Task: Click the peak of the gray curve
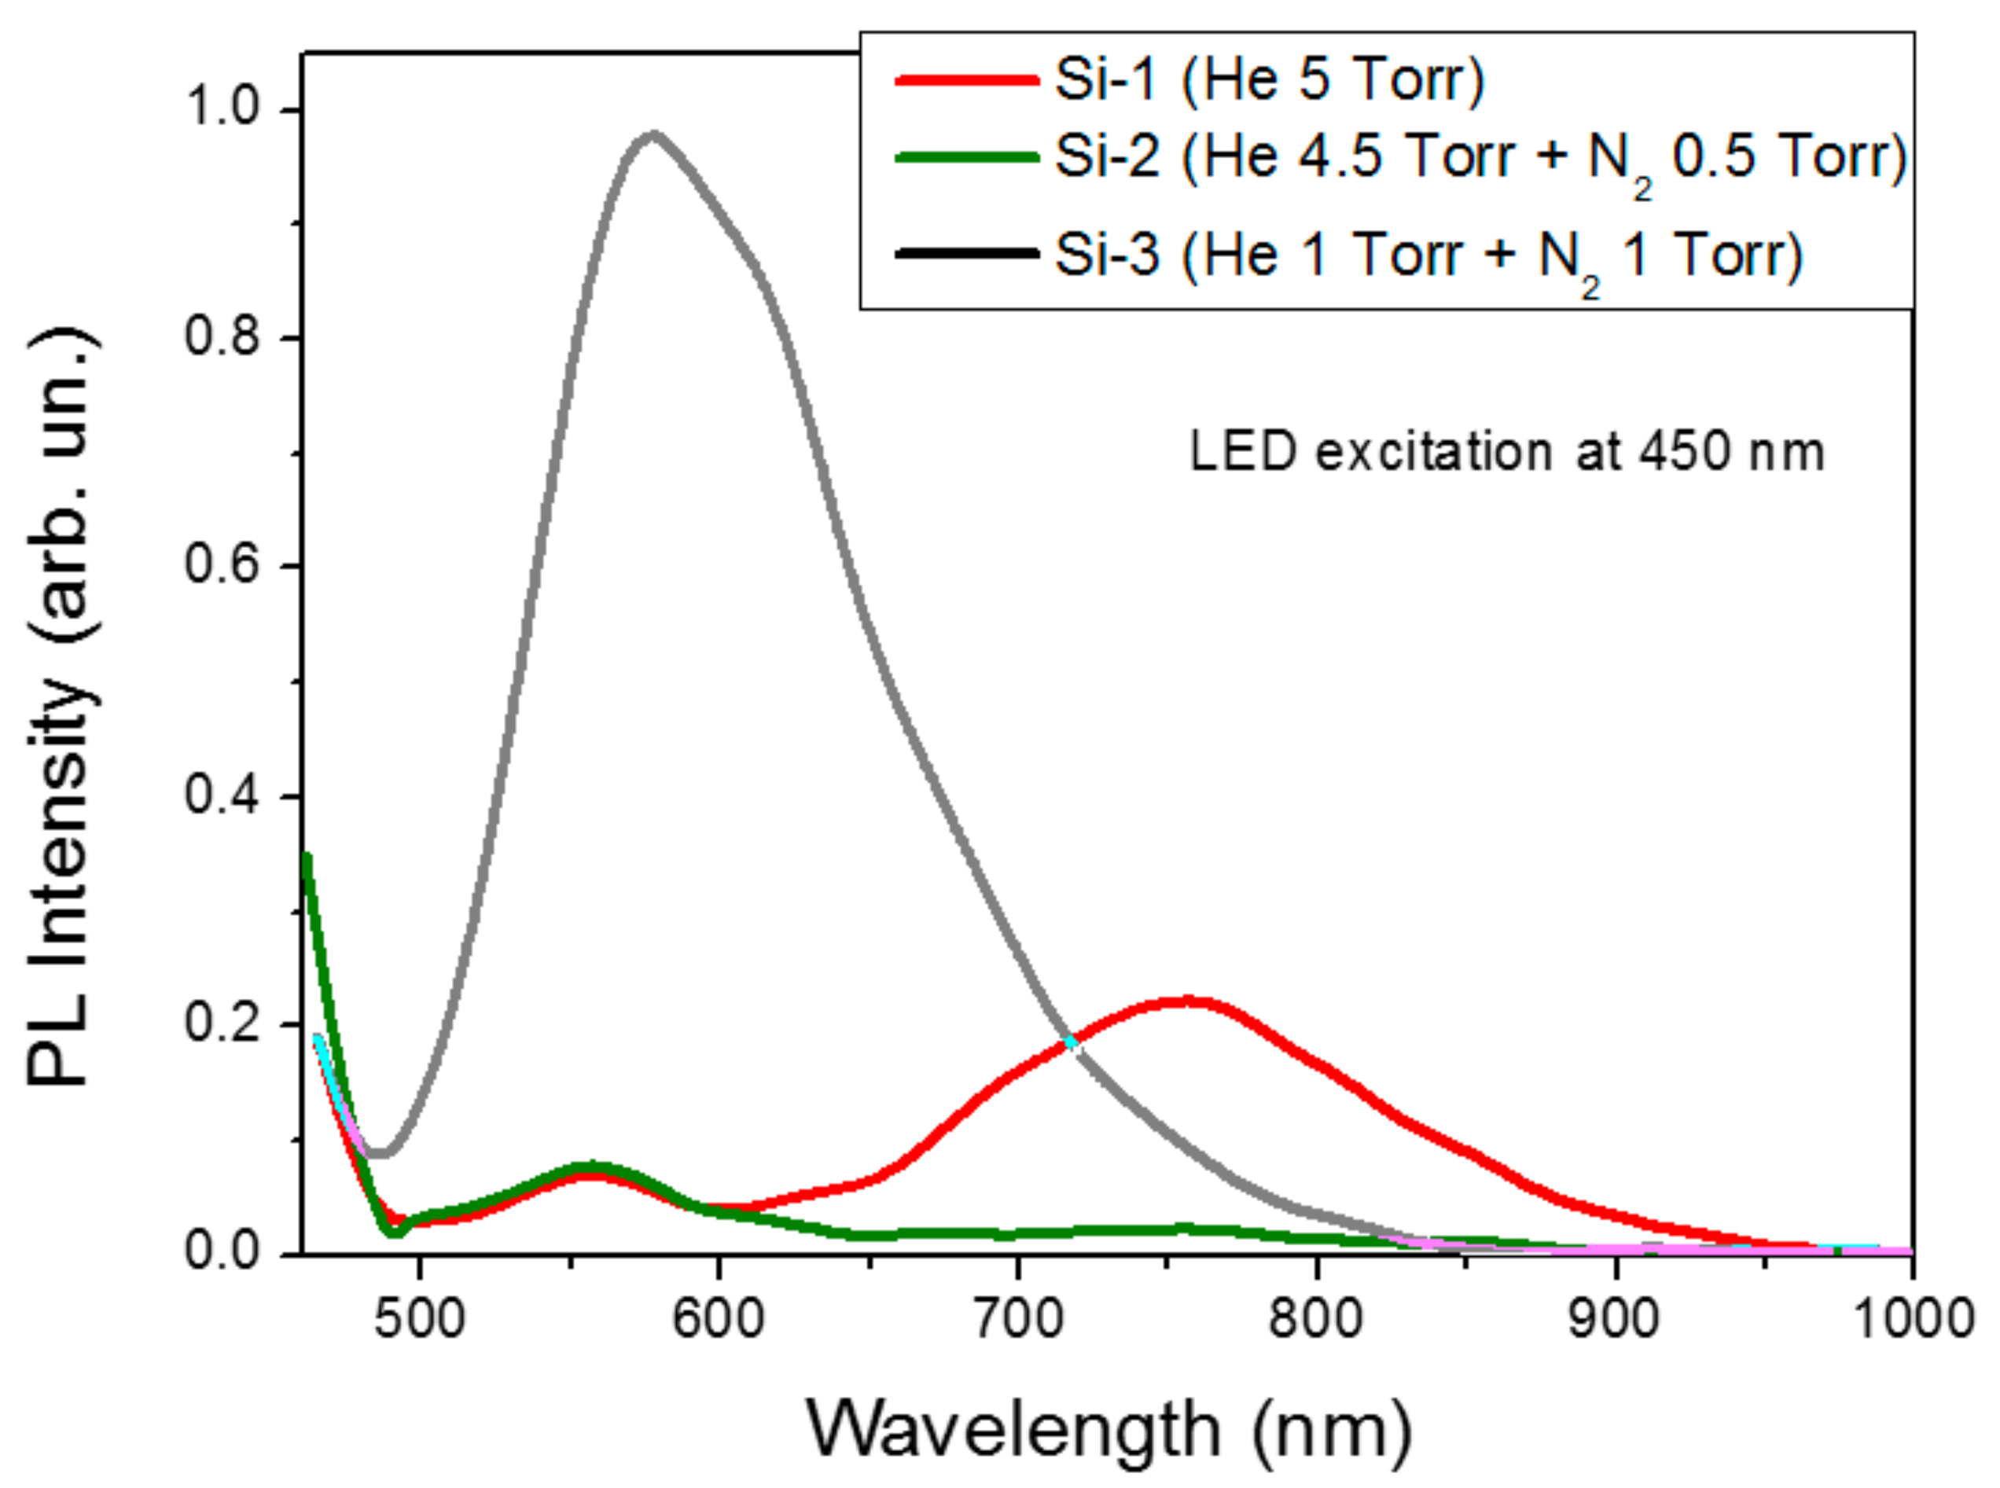click(x=653, y=136)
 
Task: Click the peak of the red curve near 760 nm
click(x=1189, y=1001)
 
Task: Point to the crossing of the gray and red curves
click(x=1070, y=1042)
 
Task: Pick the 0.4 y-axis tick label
click(x=221, y=795)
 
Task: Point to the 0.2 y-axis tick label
click(x=221, y=1024)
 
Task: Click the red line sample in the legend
click(x=965, y=81)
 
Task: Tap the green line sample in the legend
click(x=965, y=156)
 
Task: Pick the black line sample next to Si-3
click(x=965, y=255)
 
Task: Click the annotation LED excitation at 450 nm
click(x=1506, y=452)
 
